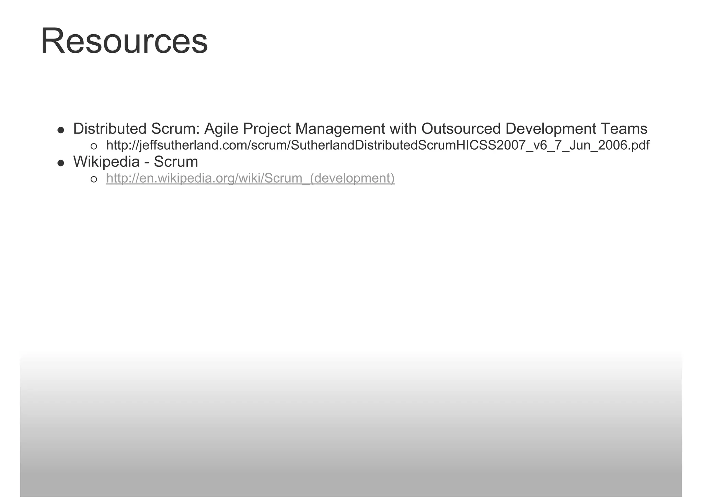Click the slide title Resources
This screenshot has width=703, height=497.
pyautogui.click(x=124, y=41)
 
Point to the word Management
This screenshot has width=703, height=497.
pyautogui.click(x=340, y=129)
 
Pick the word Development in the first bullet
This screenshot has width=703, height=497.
pyautogui.click(x=551, y=129)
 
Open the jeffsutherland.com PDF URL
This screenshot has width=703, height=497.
pyautogui.click(x=378, y=145)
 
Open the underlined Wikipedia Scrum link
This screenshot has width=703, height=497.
pyautogui.click(x=250, y=178)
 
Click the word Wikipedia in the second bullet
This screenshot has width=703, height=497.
pyautogui.click(x=106, y=162)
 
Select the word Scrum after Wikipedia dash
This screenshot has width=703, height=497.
pyautogui.click(x=176, y=162)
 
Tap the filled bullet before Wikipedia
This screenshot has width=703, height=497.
pyautogui.click(x=61, y=163)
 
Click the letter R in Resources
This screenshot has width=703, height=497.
pyautogui.click(x=51, y=41)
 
